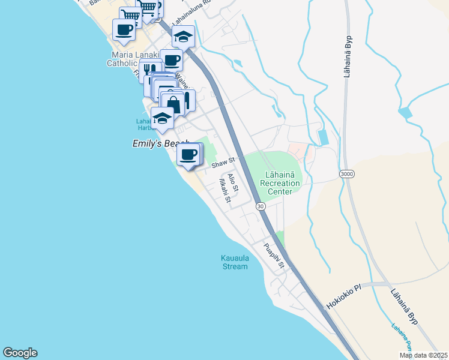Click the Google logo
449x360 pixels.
point(20,353)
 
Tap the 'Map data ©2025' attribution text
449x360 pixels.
point(424,355)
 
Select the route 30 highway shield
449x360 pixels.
point(260,206)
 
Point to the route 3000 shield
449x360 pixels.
point(346,174)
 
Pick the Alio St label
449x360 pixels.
point(234,182)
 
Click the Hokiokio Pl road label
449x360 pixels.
point(344,296)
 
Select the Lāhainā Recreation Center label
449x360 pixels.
point(280,183)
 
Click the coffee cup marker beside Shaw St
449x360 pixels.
point(188,154)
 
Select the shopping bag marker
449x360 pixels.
point(173,104)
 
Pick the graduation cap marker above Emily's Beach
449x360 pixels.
point(162,118)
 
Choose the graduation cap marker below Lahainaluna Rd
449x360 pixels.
point(183,37)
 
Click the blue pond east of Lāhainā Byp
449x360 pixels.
point(405,112)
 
